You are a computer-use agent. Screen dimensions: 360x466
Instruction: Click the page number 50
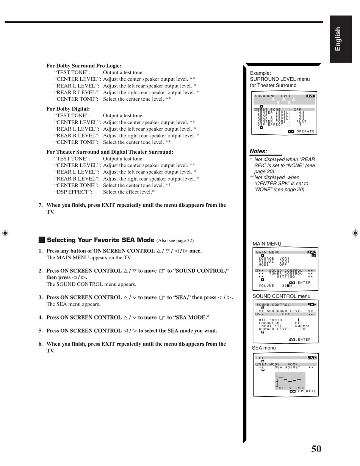click(316, 449)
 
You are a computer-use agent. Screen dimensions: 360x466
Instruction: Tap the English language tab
click(341, 39)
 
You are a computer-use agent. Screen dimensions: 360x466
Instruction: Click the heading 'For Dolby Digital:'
click(68, 109)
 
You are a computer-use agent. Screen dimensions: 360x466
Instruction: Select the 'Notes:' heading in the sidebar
click(258, 151)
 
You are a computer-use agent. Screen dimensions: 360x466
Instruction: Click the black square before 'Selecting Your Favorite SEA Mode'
click(42, 240)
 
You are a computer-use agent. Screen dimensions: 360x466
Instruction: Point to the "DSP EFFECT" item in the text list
click(73, 192)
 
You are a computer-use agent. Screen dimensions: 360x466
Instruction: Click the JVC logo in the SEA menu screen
click(312, 358)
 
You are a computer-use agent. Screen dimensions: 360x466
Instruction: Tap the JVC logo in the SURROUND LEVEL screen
click(310, 96)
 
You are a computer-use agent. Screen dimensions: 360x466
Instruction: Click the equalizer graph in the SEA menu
click(290, 381)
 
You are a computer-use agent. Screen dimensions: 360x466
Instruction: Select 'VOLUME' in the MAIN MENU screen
click(266, 286)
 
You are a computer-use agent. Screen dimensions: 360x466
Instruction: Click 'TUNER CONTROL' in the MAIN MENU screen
click(286, 274)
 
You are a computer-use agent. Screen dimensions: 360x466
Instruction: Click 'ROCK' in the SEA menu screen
click(293, 364)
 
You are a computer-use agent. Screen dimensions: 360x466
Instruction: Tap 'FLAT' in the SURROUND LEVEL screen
click(301, 122)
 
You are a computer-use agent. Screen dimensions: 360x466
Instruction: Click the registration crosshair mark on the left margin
click(5, 233)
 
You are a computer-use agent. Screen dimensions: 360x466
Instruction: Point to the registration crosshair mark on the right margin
click(355, 233)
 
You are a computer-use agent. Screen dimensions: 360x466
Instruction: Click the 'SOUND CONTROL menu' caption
click(281, 296)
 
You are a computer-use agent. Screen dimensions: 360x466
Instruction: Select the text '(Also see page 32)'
click(175, 240)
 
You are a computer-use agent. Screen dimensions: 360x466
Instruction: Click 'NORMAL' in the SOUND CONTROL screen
click(302, 326)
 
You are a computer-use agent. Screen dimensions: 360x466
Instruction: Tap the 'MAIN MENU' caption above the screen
click(267, 244)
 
